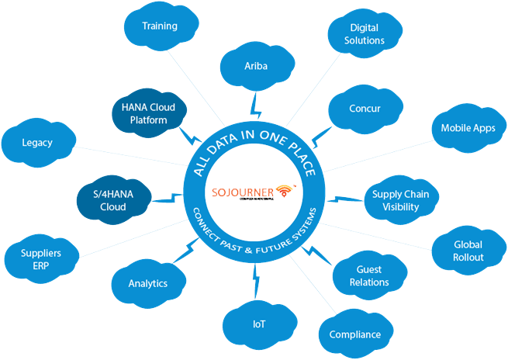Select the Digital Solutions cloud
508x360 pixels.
tap(356, 34)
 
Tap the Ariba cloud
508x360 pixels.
tap(256, 67)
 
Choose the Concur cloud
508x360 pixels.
tap(365, 109)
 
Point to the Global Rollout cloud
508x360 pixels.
tap(468, 251)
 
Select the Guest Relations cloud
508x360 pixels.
tap(369, 275)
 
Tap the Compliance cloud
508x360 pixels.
tap(354, 334)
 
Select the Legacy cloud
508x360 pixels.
tap(36, 144)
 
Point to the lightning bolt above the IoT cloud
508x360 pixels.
tap(256, 274)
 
